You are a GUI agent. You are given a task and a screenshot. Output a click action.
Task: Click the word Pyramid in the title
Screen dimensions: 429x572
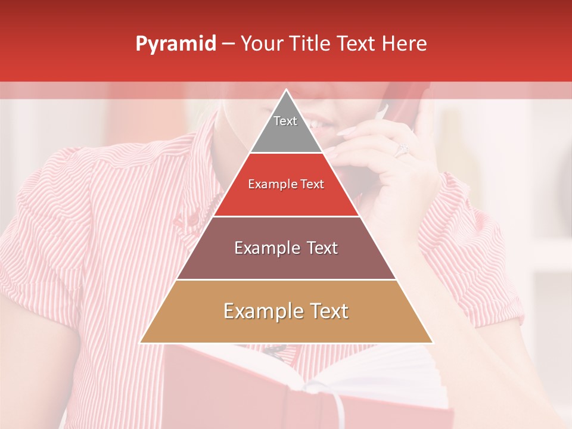175,44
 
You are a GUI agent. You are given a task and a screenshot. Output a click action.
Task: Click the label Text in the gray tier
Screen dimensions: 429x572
285,121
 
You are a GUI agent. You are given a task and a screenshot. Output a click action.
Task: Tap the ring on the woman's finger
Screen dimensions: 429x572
401,149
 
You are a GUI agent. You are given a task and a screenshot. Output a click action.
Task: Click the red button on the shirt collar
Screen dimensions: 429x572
194,220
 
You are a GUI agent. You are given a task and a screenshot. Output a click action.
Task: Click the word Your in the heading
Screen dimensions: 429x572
261,43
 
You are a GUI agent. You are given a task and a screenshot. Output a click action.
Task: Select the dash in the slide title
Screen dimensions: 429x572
228,44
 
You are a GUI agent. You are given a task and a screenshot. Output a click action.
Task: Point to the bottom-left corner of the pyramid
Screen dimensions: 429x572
141,343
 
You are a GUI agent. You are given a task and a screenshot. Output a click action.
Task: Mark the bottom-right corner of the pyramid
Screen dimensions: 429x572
433,343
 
